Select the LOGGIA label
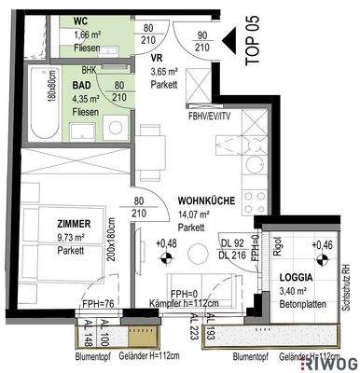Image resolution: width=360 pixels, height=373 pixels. pyautogui.click(x=300, y=278)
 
